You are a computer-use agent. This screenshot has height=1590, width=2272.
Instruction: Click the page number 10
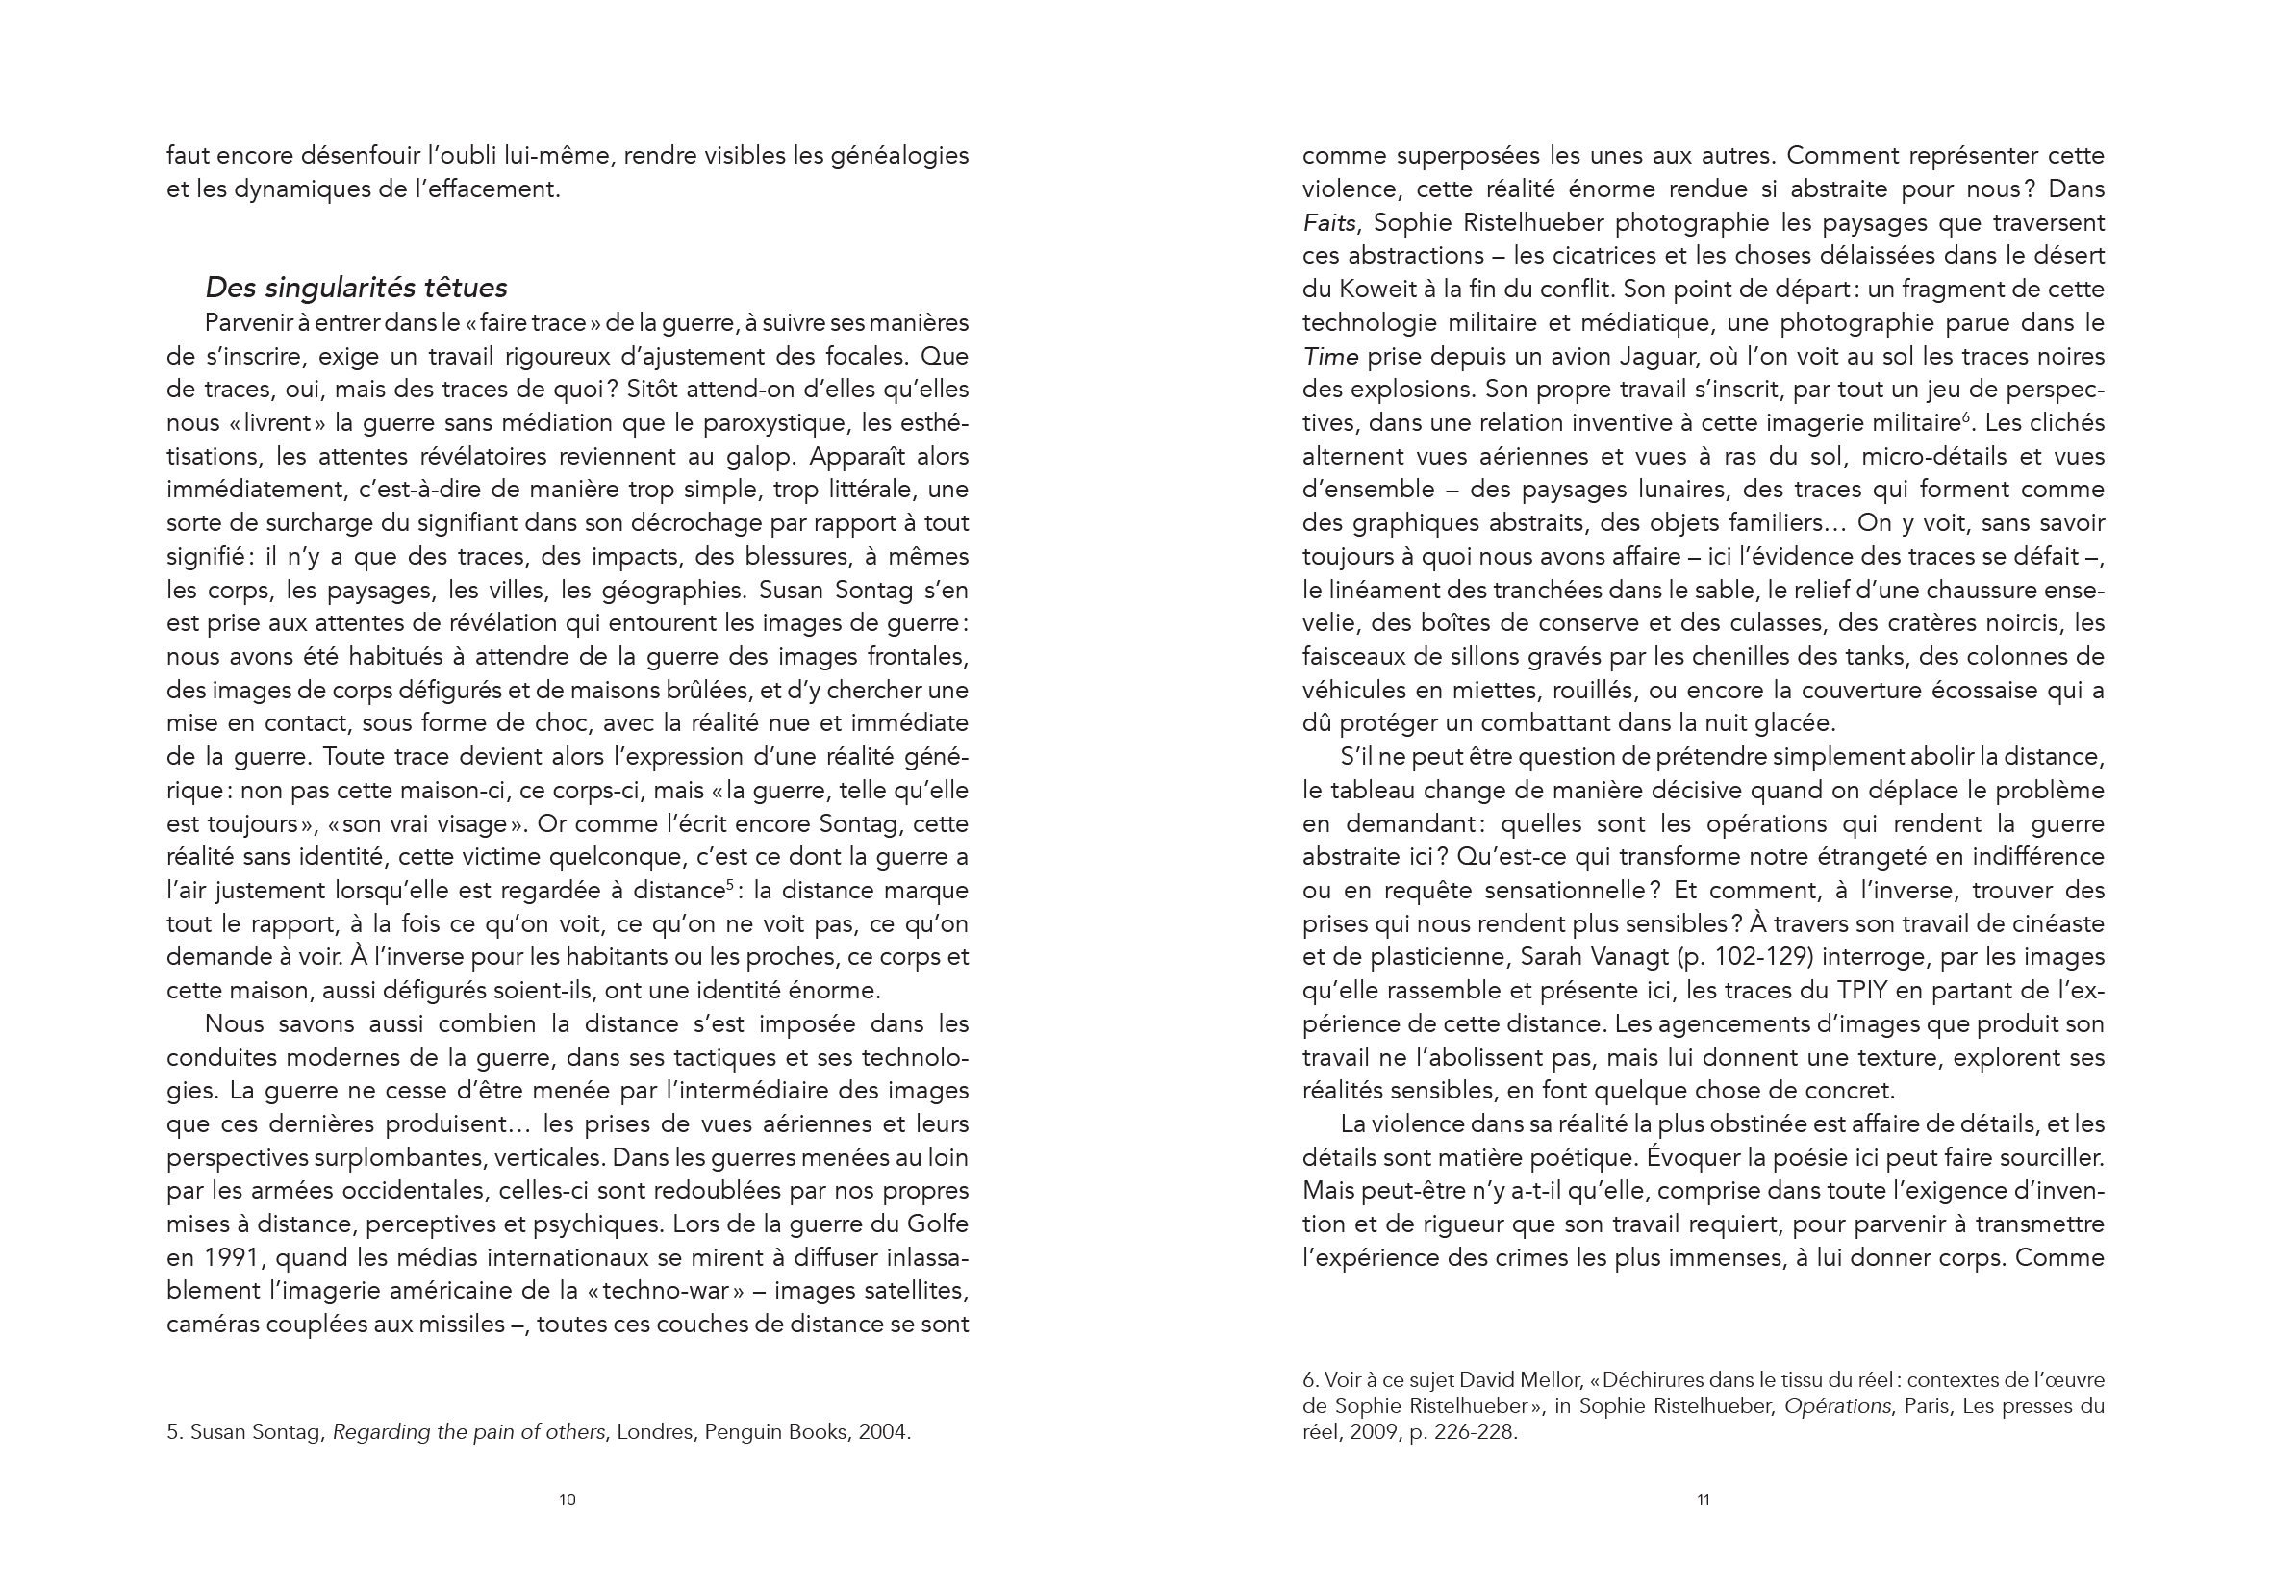567,1500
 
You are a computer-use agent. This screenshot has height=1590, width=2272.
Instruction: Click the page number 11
1703,1500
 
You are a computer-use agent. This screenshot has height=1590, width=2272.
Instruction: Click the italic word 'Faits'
1328,222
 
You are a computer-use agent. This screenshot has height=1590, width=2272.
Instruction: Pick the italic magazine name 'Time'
1330,356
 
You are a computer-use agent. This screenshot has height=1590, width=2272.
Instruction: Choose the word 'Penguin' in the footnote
743,1431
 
